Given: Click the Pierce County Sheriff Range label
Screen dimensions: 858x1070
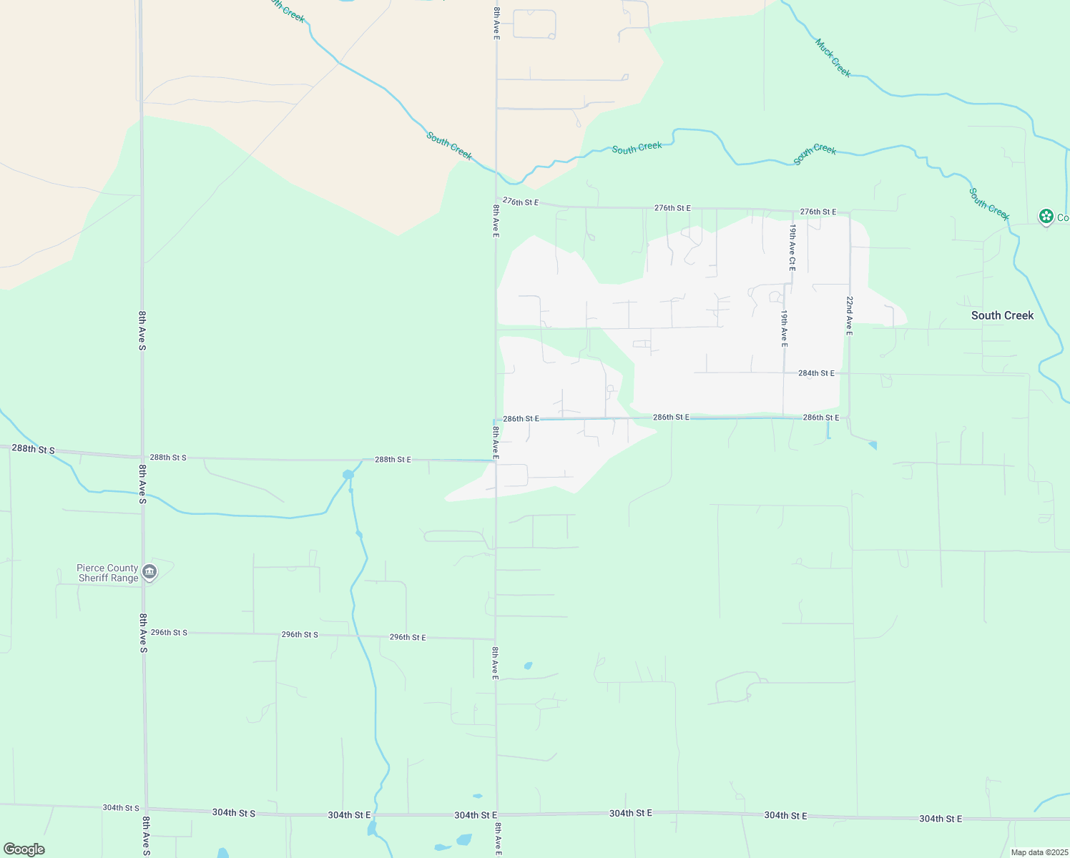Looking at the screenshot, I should pos(108,573).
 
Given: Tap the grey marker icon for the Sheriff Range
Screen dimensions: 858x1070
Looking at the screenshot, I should pos(149,571).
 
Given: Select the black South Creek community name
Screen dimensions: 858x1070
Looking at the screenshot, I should pos(1002,315).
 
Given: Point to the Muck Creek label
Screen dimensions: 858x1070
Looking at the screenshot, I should pos(833,58).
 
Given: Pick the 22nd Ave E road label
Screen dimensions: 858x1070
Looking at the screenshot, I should pos(849,315).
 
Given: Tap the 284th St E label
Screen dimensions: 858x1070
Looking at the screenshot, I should pos(816,373).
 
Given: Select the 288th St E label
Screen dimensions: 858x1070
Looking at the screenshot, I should pos(393,460).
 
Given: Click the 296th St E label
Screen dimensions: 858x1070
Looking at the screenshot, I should pos(407,637).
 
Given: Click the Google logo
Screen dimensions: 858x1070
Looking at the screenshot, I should pos(24,849).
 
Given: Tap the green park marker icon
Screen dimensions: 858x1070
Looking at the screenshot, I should pos(1046,216).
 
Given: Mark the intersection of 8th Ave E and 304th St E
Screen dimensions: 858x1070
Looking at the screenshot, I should pos(496,814).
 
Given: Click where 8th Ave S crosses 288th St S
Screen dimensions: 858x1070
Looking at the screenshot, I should pos(142,457).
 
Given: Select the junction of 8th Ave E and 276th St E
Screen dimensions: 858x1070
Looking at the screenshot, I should pos(496,199).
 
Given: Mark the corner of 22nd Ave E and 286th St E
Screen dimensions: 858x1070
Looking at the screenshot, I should pos(849,417).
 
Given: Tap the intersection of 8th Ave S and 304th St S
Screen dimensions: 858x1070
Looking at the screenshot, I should pos(146,809).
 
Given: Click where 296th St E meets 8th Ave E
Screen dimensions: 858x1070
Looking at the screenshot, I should pos(496,638).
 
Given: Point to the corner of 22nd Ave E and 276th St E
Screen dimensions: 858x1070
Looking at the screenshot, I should pos(849,212).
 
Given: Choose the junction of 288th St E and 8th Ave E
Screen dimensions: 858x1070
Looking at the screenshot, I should pos(496,460).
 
